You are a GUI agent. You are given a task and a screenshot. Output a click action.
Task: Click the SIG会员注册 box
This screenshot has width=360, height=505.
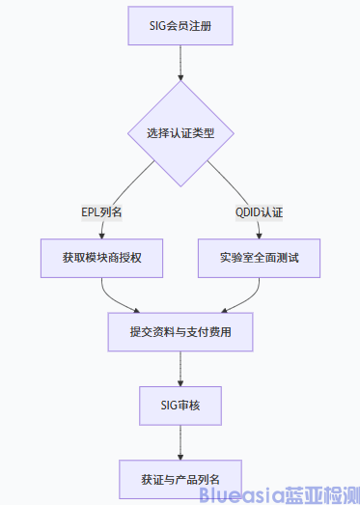tap(180, 25)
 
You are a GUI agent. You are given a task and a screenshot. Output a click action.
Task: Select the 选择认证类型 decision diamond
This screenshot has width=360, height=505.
tap(180, 132)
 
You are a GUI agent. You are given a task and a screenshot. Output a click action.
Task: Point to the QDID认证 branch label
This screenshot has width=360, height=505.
tap(260, 211)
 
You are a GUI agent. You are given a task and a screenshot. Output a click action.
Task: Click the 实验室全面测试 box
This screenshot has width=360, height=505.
tap(260, 258)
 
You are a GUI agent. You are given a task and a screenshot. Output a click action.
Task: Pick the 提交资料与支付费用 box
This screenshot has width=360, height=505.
tap(180, 332)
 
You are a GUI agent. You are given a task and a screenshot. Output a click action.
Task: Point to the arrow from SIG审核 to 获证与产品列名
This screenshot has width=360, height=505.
tap(180, 438)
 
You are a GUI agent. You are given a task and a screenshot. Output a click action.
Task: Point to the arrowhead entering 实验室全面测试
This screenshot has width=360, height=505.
tap(260, 235)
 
